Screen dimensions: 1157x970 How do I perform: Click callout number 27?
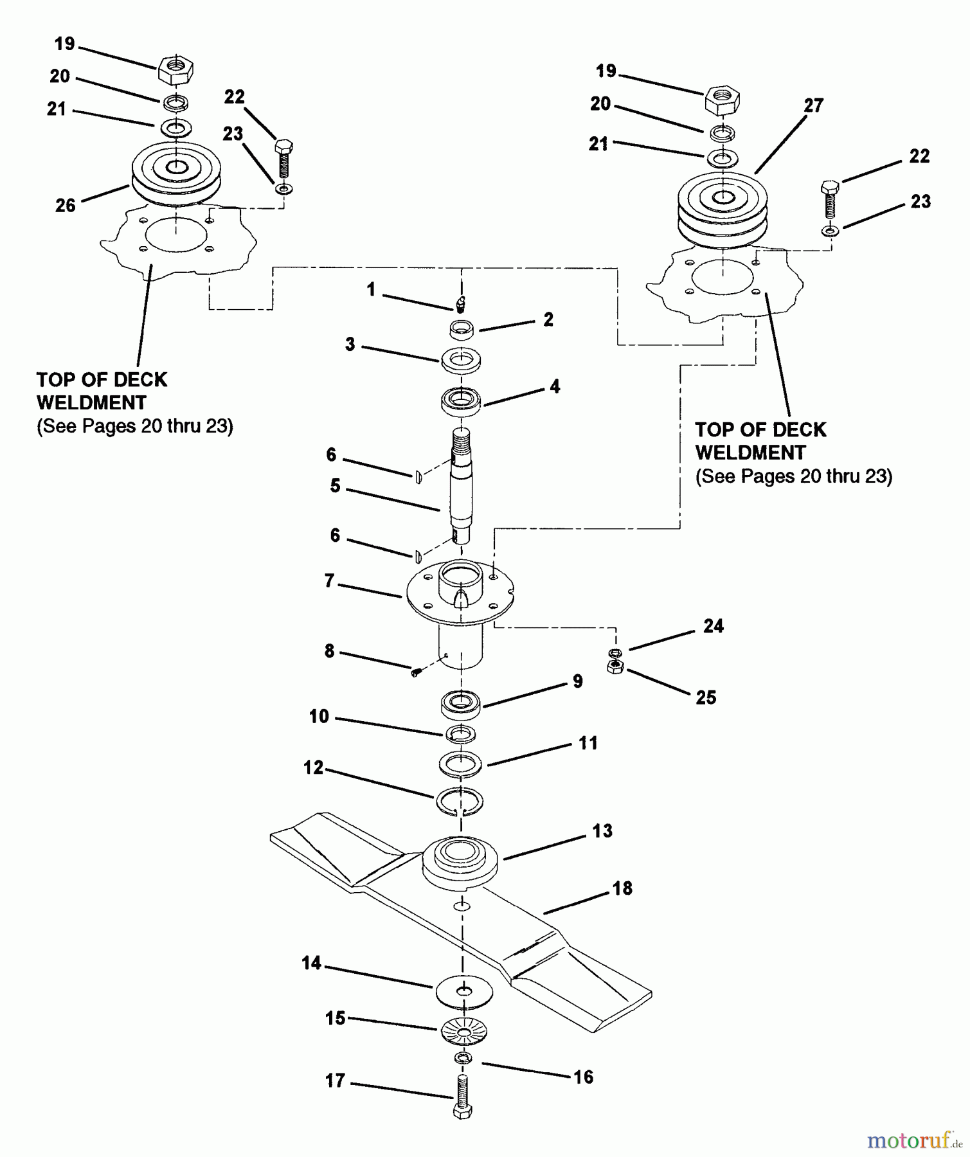click(813, 105)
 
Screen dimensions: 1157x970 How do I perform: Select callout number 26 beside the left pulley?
click(65, 206)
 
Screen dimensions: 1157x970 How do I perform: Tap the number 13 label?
click(602, 831)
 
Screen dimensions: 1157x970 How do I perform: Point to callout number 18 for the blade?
click(622, 888)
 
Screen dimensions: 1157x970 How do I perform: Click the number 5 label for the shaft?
click(335, 486)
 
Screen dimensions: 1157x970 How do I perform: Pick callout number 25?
click(706, 697)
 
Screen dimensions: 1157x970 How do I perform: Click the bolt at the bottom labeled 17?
click(463, 1099)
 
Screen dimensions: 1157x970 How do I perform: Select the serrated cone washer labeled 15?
click(464, 1032)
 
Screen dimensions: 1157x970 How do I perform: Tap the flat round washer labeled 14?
click(464, 992)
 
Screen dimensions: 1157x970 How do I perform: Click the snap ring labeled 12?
click(460, 802)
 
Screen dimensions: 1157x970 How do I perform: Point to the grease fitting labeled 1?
click(461, 301)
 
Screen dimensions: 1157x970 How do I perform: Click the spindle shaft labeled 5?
click(461, 489)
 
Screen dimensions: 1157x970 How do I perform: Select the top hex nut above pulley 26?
click(175, 69)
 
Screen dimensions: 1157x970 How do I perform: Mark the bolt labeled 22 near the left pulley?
click(283, 157)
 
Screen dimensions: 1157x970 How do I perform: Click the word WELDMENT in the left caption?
click(91, 403)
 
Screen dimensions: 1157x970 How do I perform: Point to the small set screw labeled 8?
click(416, 672)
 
